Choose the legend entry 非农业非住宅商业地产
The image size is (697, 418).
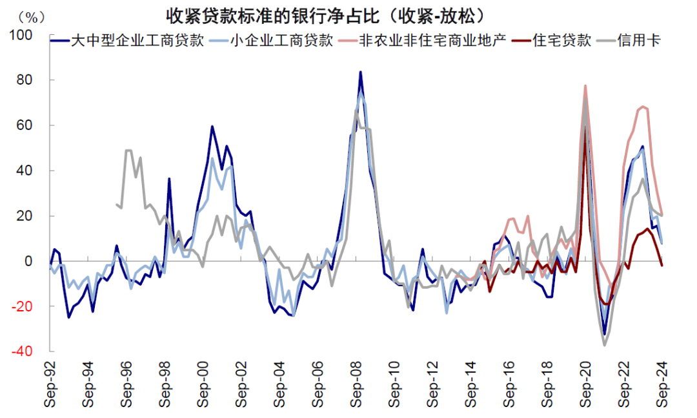point(438,41)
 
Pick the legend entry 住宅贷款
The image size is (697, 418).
point(562,41)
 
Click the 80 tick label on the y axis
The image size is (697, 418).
point(28,80)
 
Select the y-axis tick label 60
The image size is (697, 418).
point(28,125)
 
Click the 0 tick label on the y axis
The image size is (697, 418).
point(32,261)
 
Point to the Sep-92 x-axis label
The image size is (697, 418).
point(50,384)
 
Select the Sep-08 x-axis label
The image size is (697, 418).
point(356,384)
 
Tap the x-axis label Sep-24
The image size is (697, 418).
point(662,384)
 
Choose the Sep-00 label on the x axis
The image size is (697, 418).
point(203,384)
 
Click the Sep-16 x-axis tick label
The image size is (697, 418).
point(509,384)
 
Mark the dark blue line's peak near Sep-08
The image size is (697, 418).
point(360,72)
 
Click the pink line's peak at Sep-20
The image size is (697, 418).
point(585,85)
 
